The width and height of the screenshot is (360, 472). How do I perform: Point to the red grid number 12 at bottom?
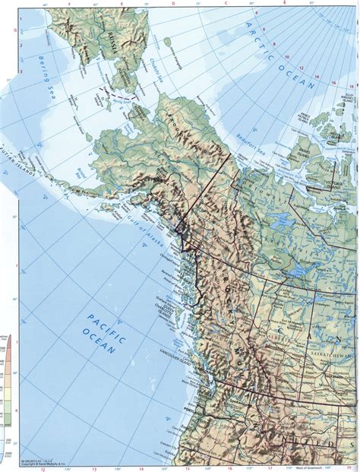click(x=43, y=469)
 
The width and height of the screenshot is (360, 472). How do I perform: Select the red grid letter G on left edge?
click(x=4, y=31)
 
